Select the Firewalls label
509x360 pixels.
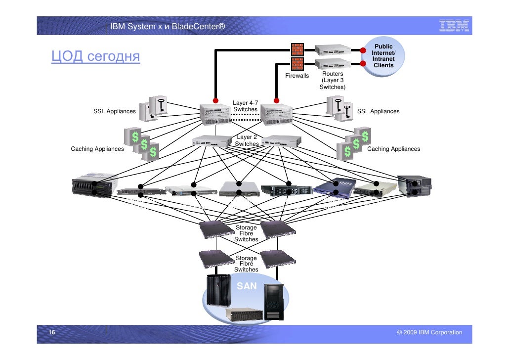pos(297,76)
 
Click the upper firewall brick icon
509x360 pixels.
pos(297,49)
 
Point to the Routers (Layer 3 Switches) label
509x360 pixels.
pos(333,80)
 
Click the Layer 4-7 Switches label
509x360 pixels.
pos(246,106)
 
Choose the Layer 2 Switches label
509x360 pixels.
pos(247,140)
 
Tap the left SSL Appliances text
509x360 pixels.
pos(114,111)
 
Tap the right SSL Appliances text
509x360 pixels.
pos(378,111)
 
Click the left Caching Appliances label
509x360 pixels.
pos(97,149)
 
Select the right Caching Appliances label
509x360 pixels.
pos(394,149)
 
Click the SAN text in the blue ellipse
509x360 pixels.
pos(247,286)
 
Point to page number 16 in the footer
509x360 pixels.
pos(51,332)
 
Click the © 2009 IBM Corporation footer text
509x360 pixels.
pos(429,332)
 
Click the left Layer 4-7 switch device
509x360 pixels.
pos(215,115)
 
